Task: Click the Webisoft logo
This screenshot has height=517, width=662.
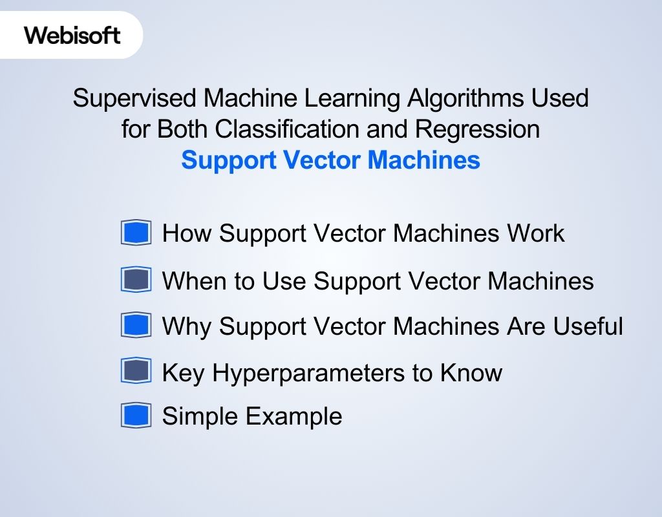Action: (x=72, y=35)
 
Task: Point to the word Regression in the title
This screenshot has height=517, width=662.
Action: (x=477, y=129)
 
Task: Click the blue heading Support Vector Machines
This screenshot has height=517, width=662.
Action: (x=330, y=160)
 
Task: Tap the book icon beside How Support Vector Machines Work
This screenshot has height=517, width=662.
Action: (x=136, y=233)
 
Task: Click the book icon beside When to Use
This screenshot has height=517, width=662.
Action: (x=136, y=280)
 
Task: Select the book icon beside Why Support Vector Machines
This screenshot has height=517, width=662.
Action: (x=136, y=326)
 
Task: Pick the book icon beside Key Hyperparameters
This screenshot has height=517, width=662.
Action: (x=136, y=372)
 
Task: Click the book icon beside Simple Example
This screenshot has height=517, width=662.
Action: (x=136, y=416)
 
